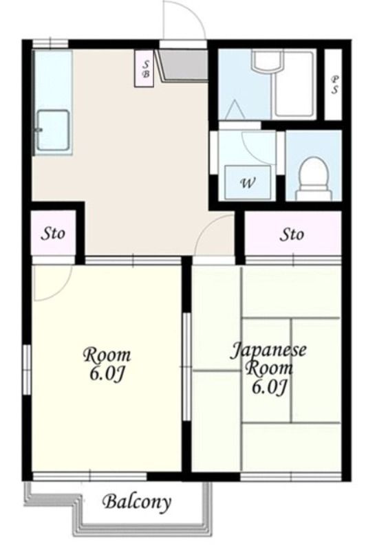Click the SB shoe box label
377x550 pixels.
coord(145,69)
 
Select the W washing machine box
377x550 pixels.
coord(248,183)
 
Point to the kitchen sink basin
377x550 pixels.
coord(53,130)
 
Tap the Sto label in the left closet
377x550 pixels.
coord(53,233)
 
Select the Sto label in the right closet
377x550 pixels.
coord(292,234)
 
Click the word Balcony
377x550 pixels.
coord(136,503)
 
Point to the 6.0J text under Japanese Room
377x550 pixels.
coord(270,387)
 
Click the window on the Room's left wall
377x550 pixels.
coord(27,370)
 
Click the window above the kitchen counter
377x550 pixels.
coord(50,43)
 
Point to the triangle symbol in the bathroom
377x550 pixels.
coord(234,110)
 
